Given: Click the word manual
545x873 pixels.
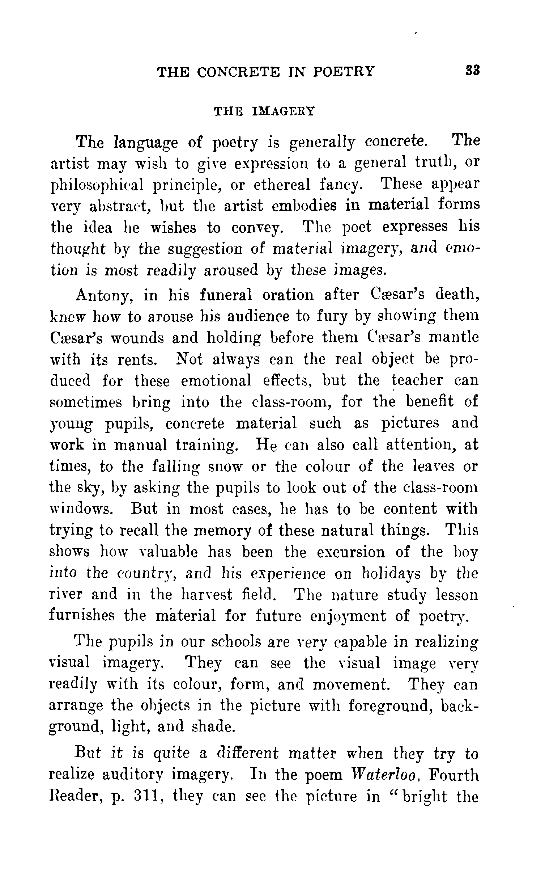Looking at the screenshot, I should (141, 445).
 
